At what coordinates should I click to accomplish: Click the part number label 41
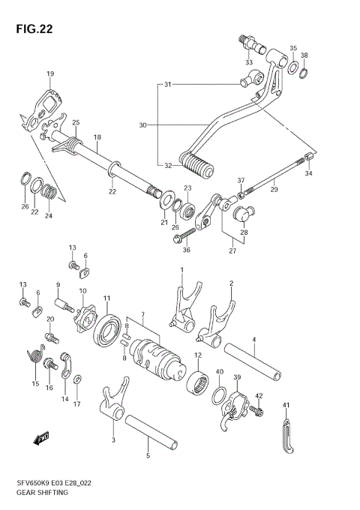tap(286, 405)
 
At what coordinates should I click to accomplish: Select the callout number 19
tap(50, 73)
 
